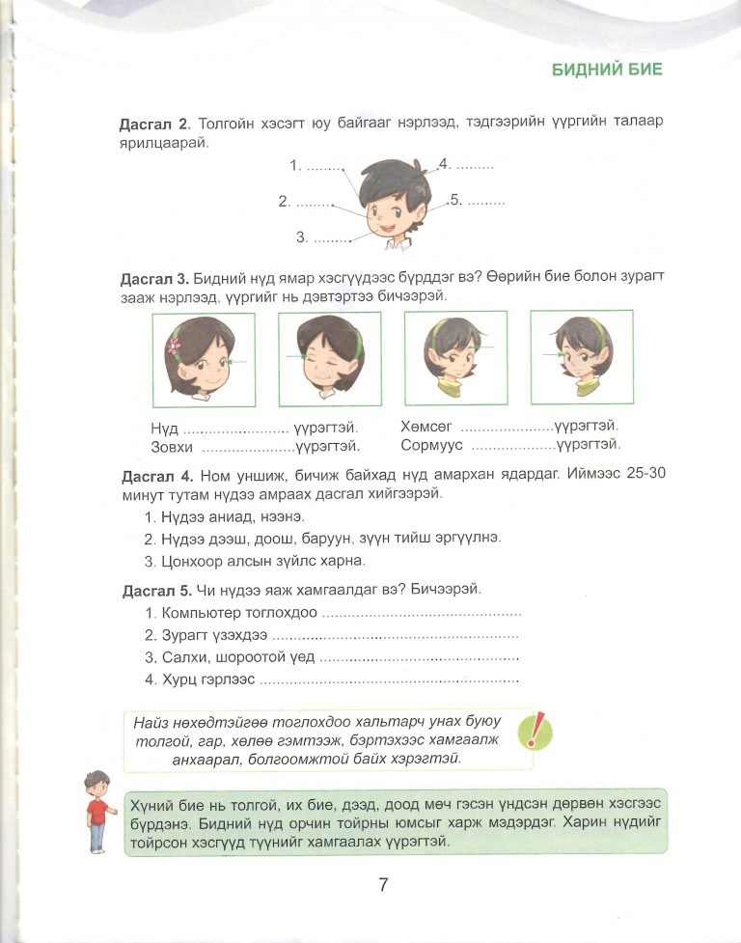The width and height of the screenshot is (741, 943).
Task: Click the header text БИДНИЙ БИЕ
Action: [606, 69]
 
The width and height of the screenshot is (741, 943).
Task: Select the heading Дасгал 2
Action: [154, 125]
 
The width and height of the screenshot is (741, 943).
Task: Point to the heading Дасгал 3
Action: [154, 279]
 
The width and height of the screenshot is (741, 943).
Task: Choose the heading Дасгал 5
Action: [156, 589]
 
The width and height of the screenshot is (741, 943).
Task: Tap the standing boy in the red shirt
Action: [96, 811]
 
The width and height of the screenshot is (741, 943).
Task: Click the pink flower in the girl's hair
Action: [174, 346]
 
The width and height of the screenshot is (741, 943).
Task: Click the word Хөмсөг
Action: [425, 426]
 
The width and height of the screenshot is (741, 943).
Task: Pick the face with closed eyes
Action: [329, 358]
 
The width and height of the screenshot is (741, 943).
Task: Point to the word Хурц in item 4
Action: [179, 680]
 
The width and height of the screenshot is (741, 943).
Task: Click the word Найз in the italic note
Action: [152, 722]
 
